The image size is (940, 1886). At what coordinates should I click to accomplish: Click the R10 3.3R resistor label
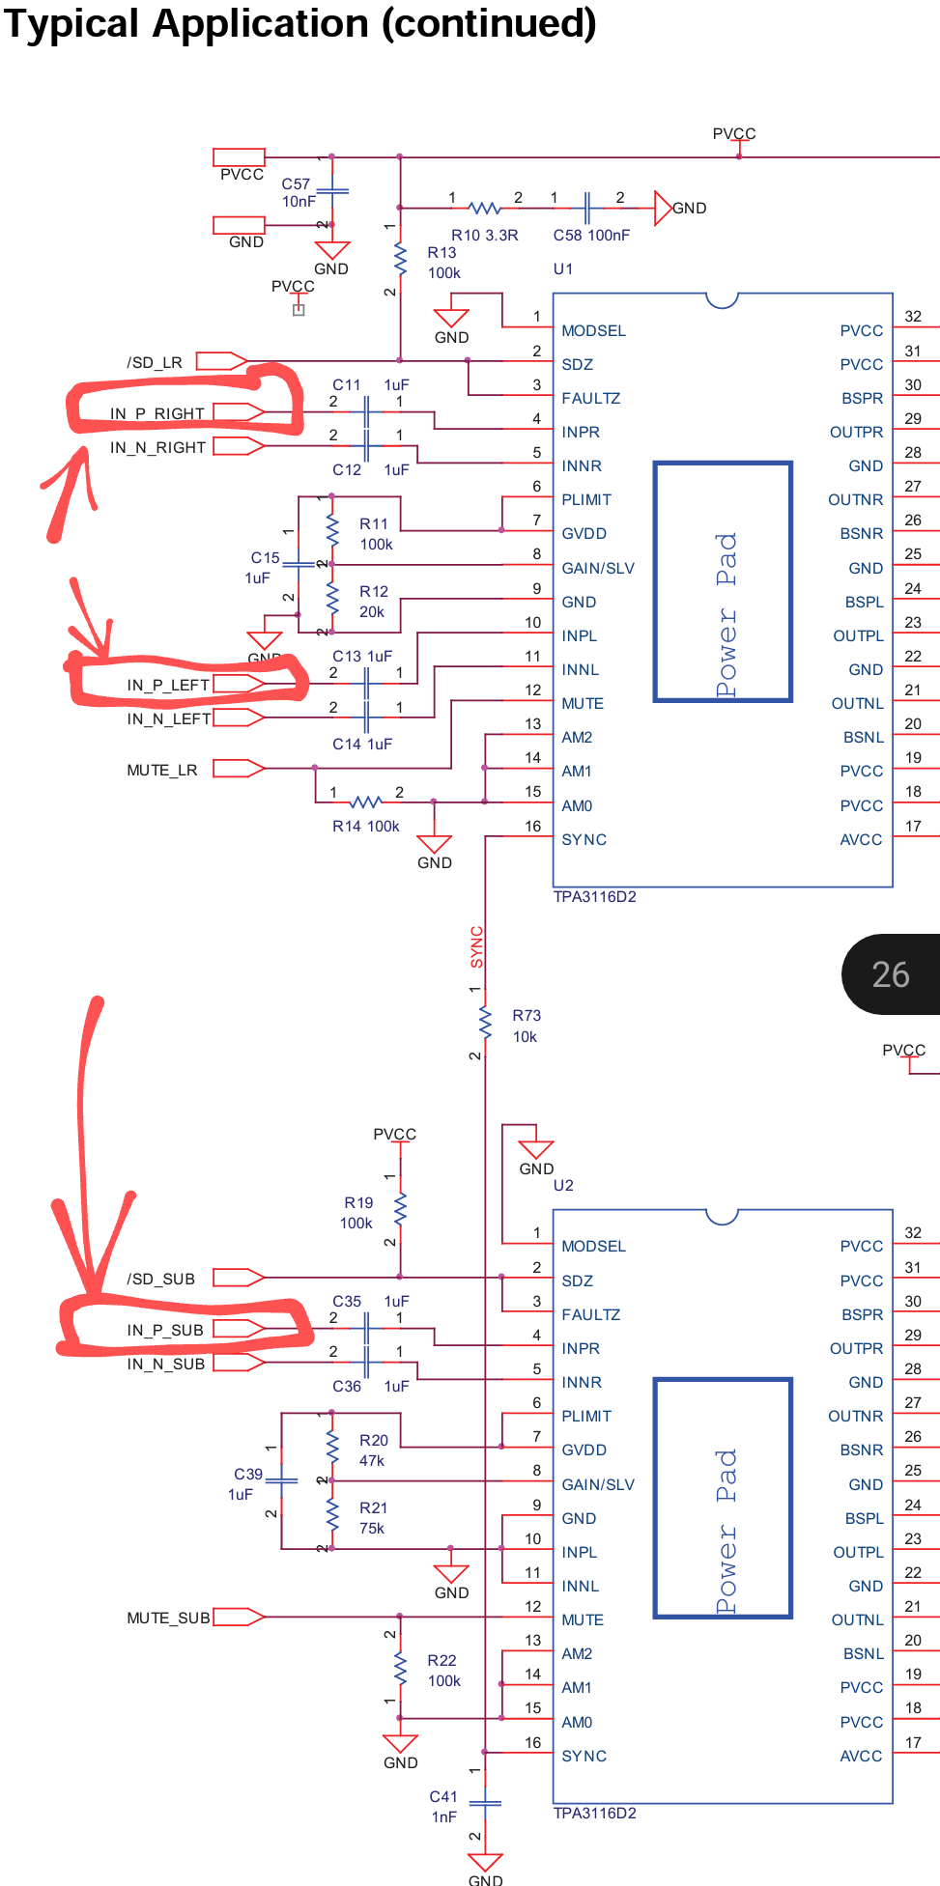(x=485, y=235)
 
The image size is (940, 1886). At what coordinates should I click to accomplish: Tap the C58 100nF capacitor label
(x=591, y=235)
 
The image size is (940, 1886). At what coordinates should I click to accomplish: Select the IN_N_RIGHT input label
(x=157, y=447)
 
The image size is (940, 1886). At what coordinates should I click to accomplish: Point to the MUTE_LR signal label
(x=161, y=770)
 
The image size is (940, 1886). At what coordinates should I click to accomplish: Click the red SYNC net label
(x=476, y=946)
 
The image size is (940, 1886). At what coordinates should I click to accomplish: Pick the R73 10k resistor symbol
(x=485, y=1020)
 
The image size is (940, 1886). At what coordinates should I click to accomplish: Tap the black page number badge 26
(x=891, y=974)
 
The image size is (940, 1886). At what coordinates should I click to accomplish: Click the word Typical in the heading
(x=72, y=23)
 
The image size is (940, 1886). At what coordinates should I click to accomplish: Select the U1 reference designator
(x=563, y=268)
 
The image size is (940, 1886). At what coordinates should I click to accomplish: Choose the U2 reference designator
(x=563, y=1185)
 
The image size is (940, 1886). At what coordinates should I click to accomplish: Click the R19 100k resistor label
(x=357, y=1213)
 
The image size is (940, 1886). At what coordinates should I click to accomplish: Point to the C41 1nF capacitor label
(x=443, y=1807)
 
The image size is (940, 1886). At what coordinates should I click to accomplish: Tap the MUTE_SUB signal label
(x=168, y=1618)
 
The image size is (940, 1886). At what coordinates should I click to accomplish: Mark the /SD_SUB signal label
(x=160, y=1279)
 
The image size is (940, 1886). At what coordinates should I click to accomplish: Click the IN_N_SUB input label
(x=165, y=1364)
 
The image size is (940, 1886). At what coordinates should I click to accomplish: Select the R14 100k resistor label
(x=366, y=826)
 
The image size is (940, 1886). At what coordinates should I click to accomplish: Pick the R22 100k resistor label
(x=443, y=1671)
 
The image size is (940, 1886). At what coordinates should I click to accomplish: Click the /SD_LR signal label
(x=154, y=362)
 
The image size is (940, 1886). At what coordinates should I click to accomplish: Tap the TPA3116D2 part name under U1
(x=594, y=896)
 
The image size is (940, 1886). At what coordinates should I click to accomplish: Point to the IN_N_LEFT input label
(x=168, y=718)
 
